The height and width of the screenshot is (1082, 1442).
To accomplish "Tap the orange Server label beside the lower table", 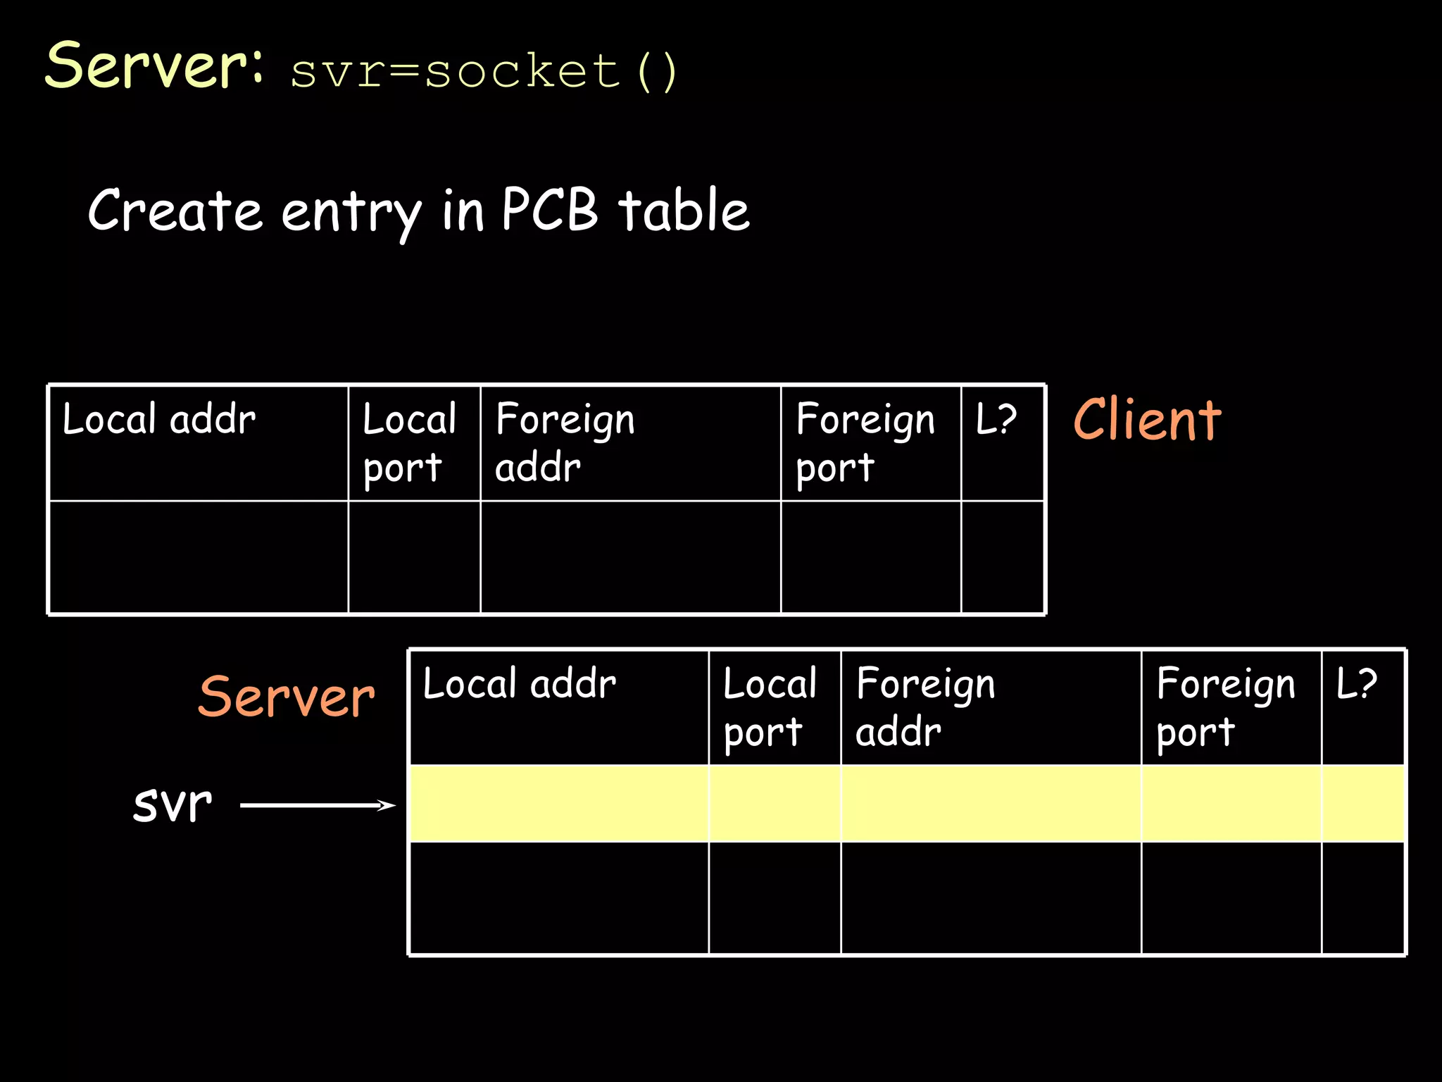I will pos(287,697).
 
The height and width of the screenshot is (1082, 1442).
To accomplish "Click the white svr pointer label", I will pos(173,804).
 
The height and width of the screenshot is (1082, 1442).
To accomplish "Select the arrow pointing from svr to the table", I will pos(318,805).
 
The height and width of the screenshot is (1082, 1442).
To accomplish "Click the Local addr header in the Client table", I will pos(159,420).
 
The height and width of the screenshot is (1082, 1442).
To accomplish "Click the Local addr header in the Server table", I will pos(520,684).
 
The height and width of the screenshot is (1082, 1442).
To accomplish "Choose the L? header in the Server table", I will pos(1357,684).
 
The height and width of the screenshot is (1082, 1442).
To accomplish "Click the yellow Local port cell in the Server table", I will pos(775,804).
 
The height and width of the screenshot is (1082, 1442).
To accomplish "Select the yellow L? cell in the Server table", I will pos(1363,804).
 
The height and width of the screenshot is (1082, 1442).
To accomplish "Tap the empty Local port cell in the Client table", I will pos(414,557).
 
